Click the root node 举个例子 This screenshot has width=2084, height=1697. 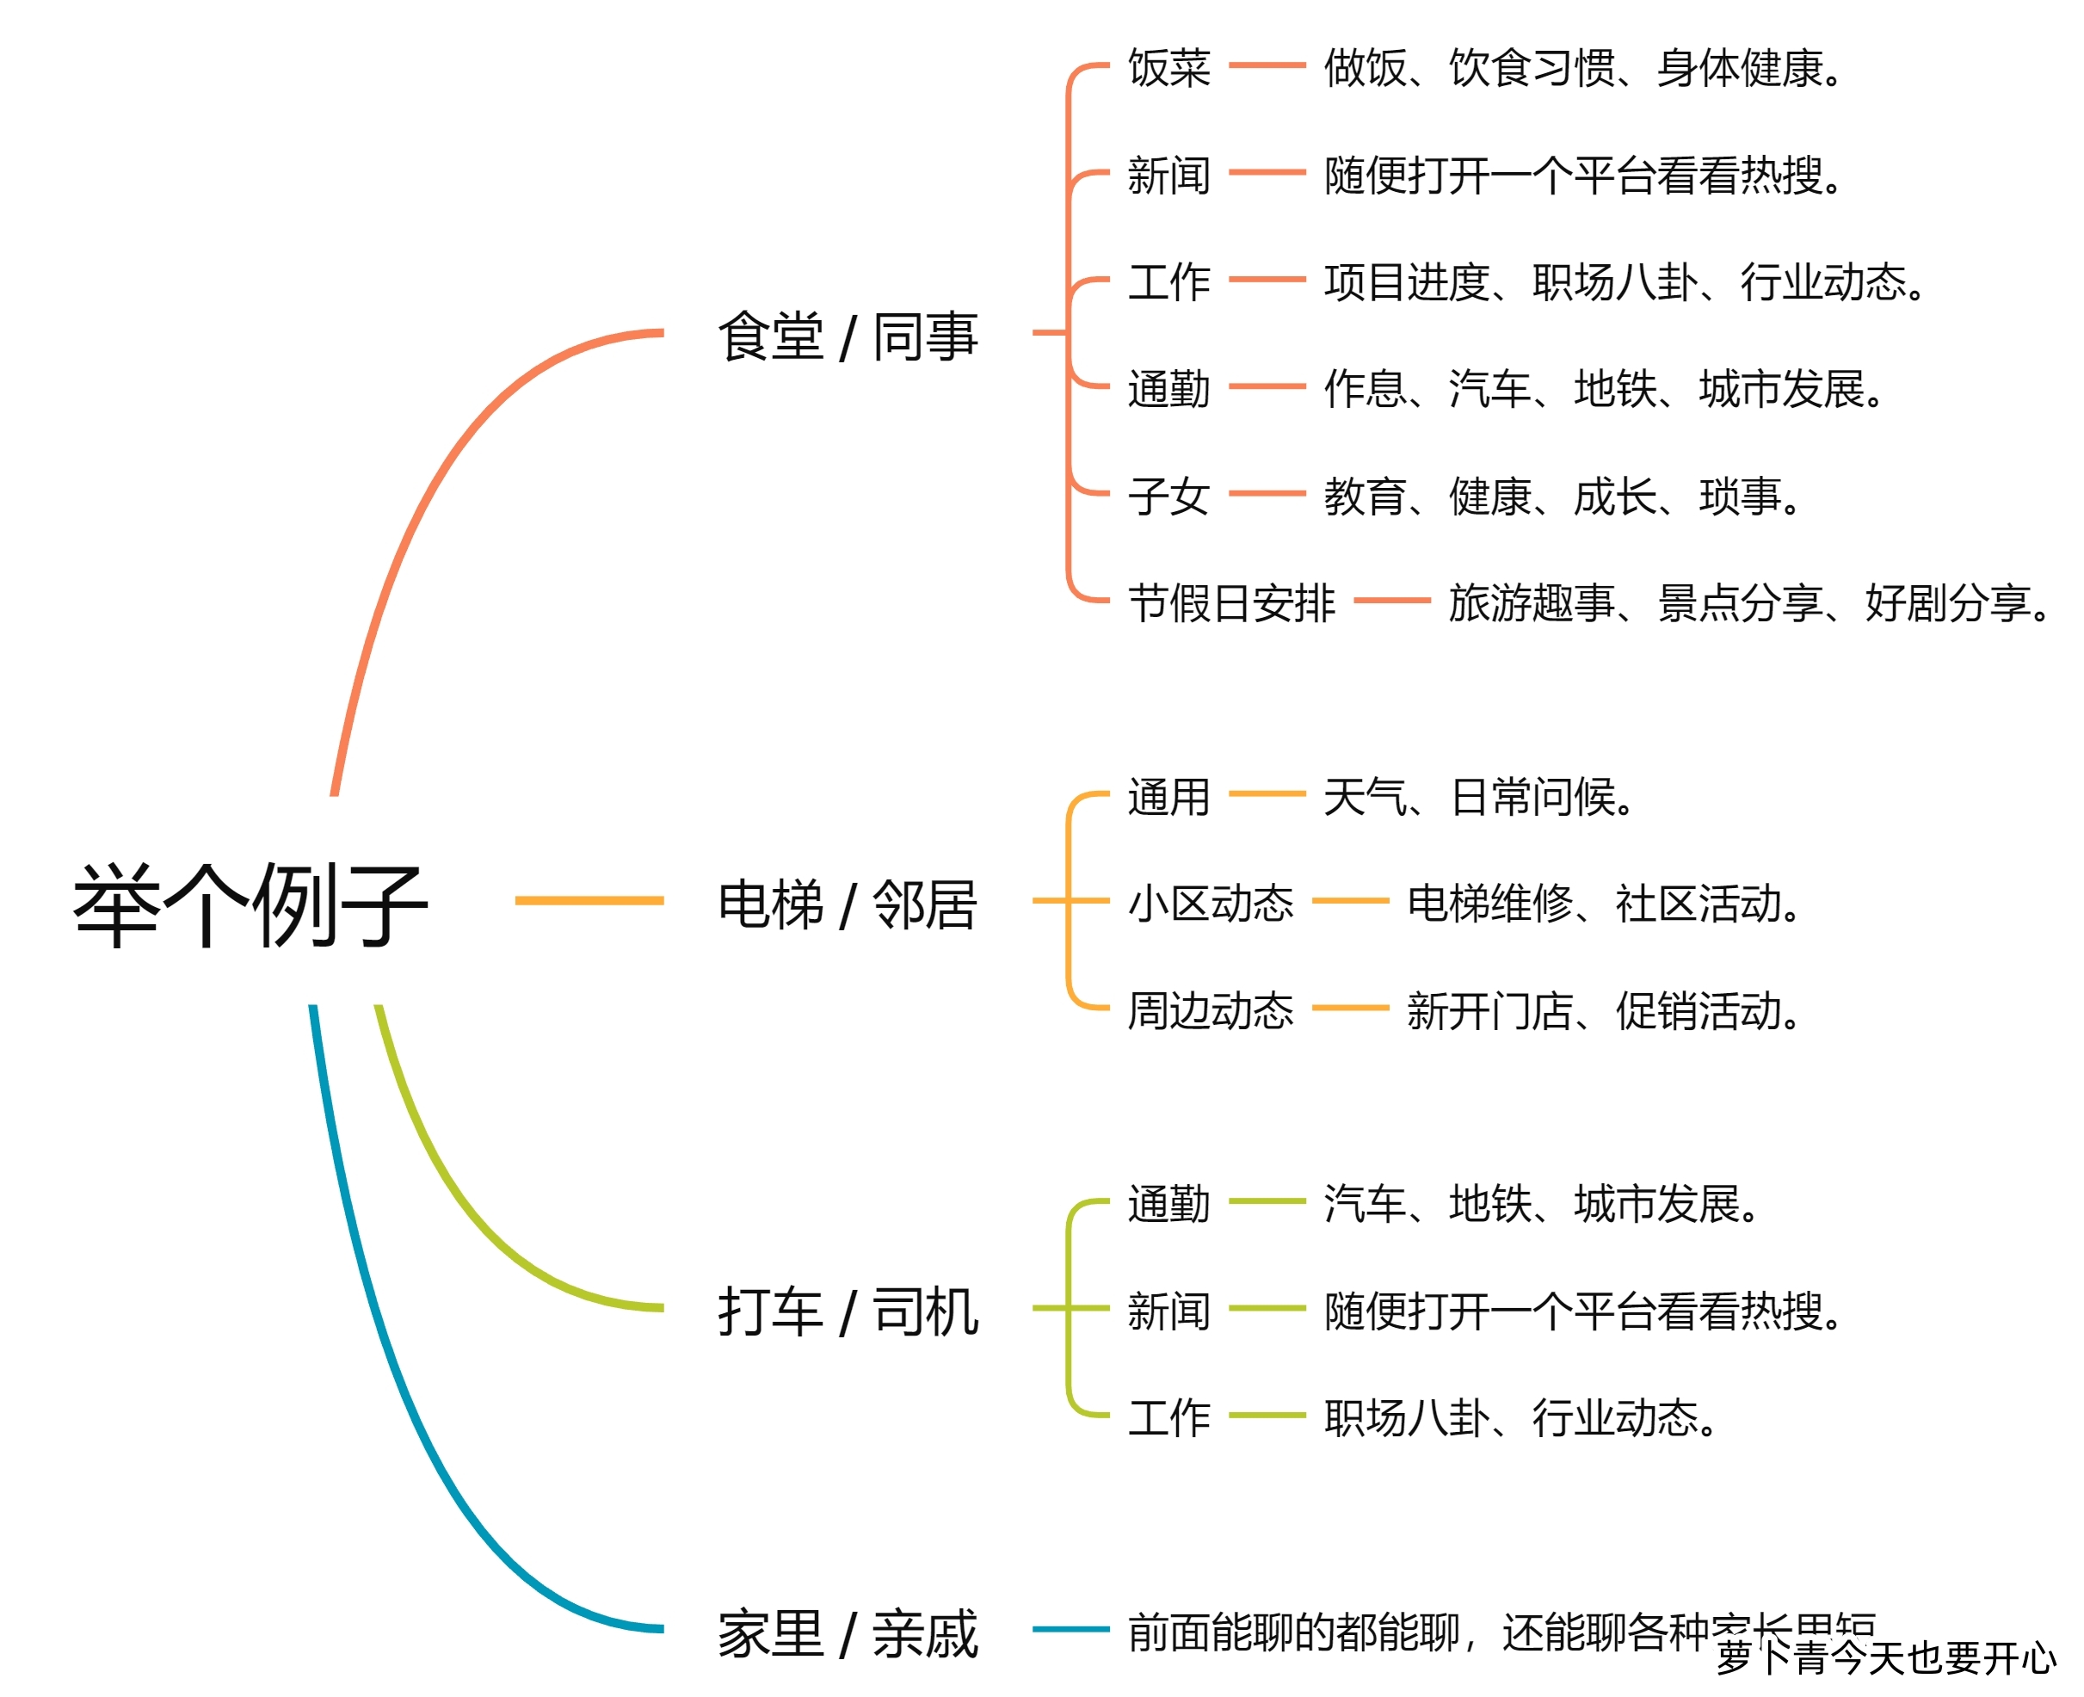click(250, 904)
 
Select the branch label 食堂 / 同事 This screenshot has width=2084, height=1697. click(848, 336)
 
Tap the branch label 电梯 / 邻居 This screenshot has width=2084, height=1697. click(848, 904)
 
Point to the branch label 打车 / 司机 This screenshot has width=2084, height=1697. click(848, 1311)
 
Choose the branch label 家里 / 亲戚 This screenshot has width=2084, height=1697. click(848, 1633)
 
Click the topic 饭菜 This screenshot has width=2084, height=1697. click(1169, 67)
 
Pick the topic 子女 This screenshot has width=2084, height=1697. click(1169, 496)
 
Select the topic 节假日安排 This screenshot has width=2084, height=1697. click(1231, 602)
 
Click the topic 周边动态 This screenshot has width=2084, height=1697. click(1210, 1009)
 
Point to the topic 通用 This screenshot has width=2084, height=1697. click(1169, 796)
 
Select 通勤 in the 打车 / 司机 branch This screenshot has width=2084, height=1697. click(1169, 1203)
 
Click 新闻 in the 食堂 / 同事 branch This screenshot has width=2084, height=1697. click(1169, 175)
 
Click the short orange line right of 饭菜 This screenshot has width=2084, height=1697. click(1267, 65)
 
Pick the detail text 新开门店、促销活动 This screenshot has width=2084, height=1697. click(1602, 1009)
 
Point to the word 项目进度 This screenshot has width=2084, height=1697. click(1406, 282)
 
